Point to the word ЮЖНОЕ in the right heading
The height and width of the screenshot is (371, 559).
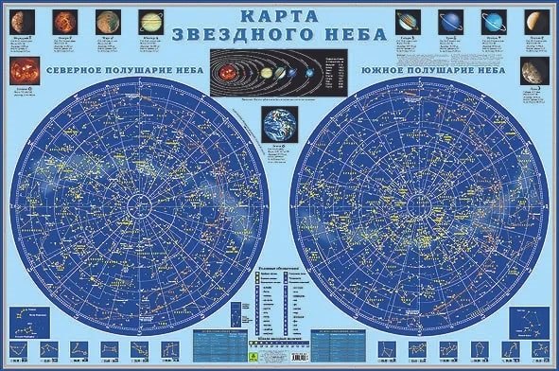pyautogui.click(x=386, y=69)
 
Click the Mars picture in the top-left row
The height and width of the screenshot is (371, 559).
pyautogui.click(x=104, y=22)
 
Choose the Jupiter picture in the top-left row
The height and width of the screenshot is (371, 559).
pyautogui.click(x=149, y=22)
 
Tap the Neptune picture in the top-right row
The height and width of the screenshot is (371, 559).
pyautogui.click(x=492, y=22)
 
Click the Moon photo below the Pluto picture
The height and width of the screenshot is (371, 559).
pyautogui.click(x=533, y=69)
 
